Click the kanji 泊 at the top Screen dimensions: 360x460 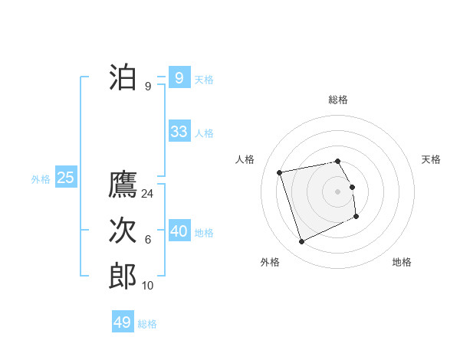pyautogui.click(x=123, y=77)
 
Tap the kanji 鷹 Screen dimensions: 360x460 pyautogui.click(x=123, y=185)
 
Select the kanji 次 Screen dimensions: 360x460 pyautogui.click(x=123, y=231)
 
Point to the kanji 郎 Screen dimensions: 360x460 pyautogui.click(x=123, y=277)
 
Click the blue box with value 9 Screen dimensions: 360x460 pyautogui.click(x=179, y=77)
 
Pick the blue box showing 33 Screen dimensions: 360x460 pyautogui.click(x=179, y=132)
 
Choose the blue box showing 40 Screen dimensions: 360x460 pyautogui.click(x=179, y=231)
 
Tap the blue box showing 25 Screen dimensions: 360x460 pyautogui.click(x=65, y=178)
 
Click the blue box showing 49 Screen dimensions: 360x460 pyautogui.click(x=123, y=322)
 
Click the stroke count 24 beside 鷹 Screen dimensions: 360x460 pyautogui.click(x=148, y=194)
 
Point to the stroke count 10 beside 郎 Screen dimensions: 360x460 pyautogui.click(x=148, y=286)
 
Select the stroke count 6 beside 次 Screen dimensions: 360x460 pyautogui.click(x=148, y=240)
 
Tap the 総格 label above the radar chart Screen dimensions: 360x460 pyautogui.click(x=338, y=100)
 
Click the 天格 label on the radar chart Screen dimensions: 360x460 pyautogui.click(x=431, y=159)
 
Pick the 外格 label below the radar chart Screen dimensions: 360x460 pyautogui.click(x=270, y=262)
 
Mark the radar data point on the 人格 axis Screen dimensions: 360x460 pyautogui.click(x=280, y=172)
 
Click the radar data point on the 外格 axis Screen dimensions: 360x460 pyautogui.click(x=301, y=242)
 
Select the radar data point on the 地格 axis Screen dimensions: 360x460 pyautogui.click(x=356, y=217)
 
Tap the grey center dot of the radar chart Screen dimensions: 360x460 pyautogui.click(x=338, y=191)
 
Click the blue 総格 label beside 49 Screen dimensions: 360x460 pyautogui.click(x=147, y=323)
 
